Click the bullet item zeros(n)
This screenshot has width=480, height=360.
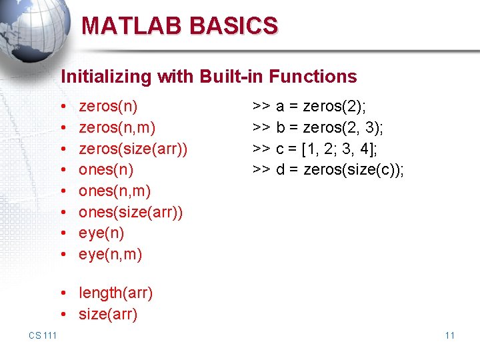[108, 105]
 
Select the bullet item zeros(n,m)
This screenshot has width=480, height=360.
[117, 127]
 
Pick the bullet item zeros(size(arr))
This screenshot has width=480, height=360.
[133, 148]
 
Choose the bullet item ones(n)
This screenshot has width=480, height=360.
[106, 169]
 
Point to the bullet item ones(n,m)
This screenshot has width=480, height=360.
[115, 191]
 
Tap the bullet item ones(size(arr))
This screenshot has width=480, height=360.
[131, 212]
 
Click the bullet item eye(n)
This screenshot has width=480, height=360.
[101, 233]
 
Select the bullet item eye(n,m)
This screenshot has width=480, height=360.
[110, 255]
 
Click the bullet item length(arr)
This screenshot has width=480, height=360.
[115, 293]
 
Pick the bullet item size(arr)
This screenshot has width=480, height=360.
[108, 314]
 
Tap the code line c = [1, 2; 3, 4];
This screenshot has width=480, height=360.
[325, 148]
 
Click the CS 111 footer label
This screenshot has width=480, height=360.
[43, 335]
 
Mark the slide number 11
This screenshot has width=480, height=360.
[449, 335]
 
